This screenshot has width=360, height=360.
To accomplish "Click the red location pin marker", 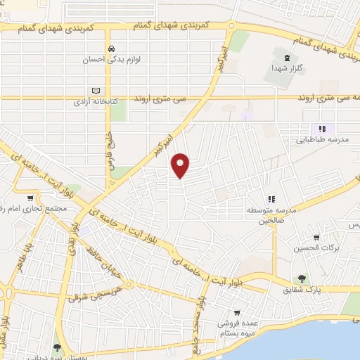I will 181,165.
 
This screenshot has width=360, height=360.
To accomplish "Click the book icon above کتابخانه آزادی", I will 96,90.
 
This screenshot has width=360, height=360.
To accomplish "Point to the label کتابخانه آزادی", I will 96,102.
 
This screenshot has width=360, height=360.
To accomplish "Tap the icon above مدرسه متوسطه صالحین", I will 271,199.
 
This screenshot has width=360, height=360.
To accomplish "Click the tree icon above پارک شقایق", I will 302,278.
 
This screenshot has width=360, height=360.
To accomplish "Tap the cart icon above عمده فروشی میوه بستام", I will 237,314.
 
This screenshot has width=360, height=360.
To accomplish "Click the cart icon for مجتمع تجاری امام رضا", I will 30,198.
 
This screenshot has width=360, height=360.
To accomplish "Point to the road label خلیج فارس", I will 110,151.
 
